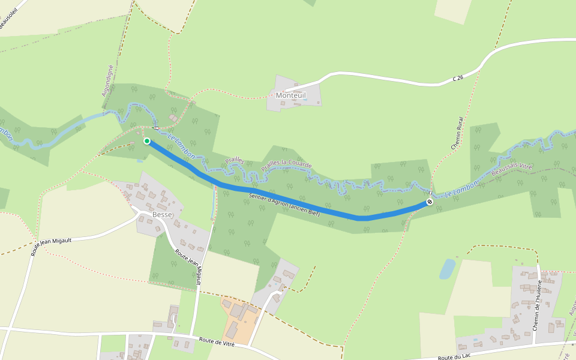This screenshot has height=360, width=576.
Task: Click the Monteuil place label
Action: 291,95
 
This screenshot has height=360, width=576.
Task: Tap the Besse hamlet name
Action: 162,214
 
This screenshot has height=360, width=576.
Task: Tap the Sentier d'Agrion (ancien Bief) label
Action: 284,206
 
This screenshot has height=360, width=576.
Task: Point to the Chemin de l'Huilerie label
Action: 536,305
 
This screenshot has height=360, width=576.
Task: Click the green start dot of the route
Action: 147,141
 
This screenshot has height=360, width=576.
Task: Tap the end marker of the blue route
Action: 430,202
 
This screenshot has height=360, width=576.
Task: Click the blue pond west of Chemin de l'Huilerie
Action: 447,269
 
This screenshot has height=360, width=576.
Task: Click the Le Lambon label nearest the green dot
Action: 181,148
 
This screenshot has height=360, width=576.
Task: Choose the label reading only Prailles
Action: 235,160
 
